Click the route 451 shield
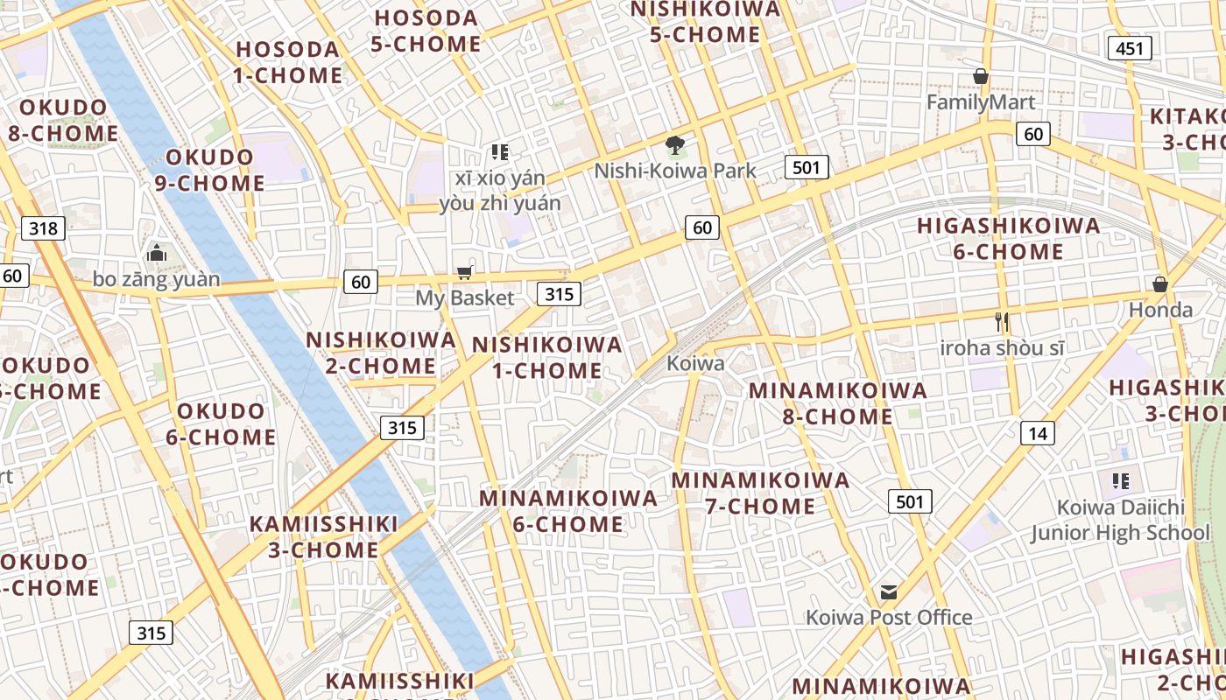pos(1129,48)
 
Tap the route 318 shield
pos(43,229)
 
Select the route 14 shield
pos(1038,432)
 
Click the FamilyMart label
pos(981,102)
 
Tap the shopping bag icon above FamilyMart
pos(981,77)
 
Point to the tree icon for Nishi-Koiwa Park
pos(674,145)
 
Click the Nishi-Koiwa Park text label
pos(675,171)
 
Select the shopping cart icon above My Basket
pos(465,272)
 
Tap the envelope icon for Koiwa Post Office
pos(889,592)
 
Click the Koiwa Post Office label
pos(889,618)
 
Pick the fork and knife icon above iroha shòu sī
pos(1003,322)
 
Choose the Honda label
pos(1160,310)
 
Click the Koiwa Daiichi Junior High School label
pos(1120,520)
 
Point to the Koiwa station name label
pos(695,363)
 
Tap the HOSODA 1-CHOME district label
pos(287,62)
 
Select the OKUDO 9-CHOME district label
pos(210,170)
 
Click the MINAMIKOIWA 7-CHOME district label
pos(760,493)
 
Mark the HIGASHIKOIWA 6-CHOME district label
pos(1008,239)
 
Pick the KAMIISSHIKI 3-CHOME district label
pos(324,537)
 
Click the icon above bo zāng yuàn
pos(158,254)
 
